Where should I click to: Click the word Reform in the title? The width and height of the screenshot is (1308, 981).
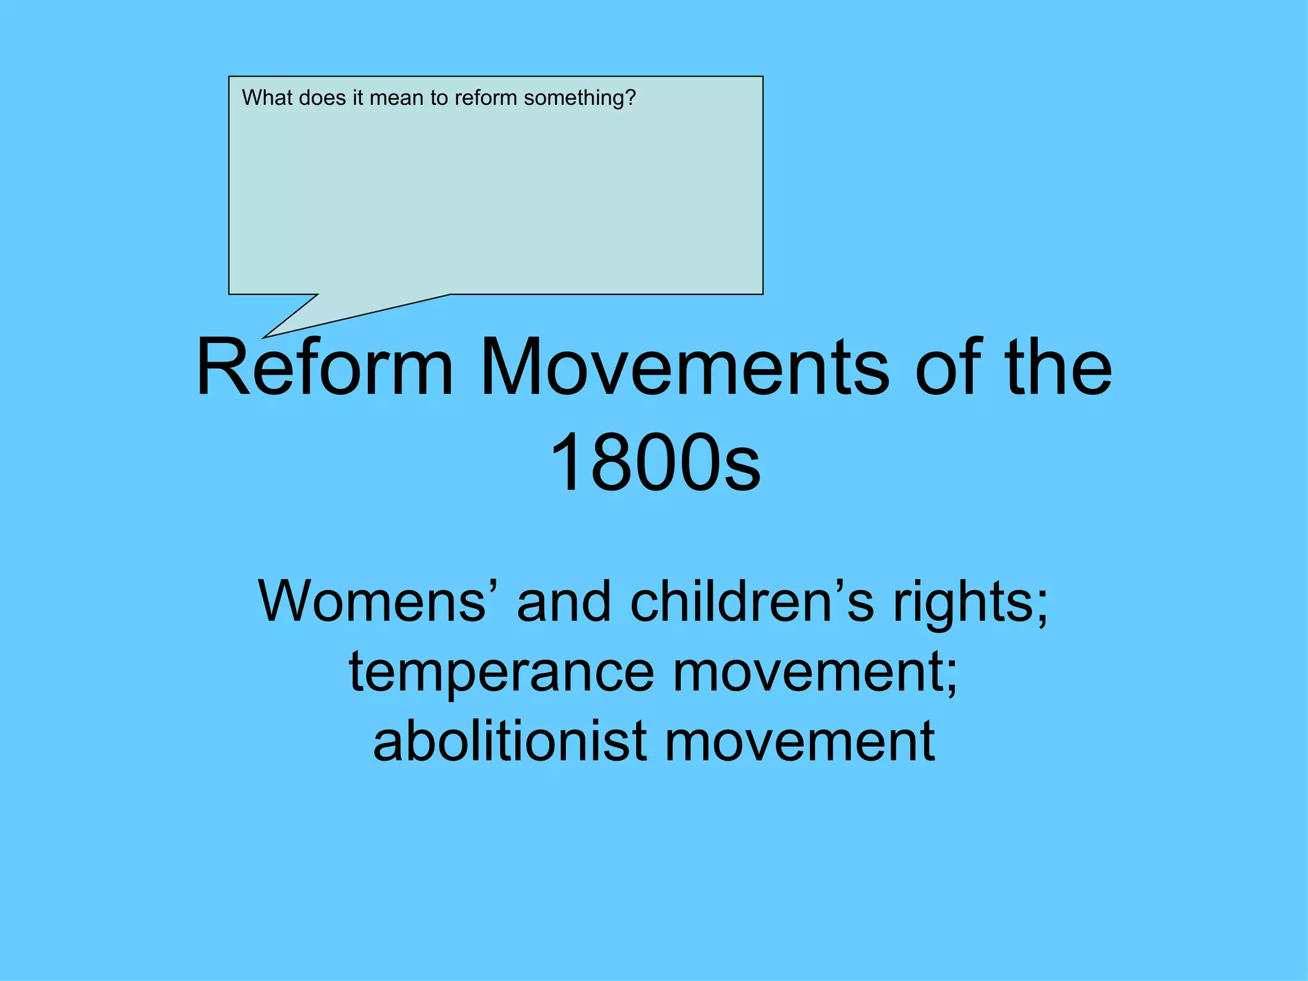click(x=324, y=368)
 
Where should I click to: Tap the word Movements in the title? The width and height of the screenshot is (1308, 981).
click(x=683, y=368)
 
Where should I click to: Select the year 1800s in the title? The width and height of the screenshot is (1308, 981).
click(x=655, y=462)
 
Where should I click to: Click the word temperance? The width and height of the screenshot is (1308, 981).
click(x=501, y=672)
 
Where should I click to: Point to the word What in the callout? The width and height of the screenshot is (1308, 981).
click(x=267, y=98)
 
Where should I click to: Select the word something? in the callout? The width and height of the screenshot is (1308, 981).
click(x=580, y=98)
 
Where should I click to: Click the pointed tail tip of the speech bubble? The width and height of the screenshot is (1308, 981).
click(x=264, y=337)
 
